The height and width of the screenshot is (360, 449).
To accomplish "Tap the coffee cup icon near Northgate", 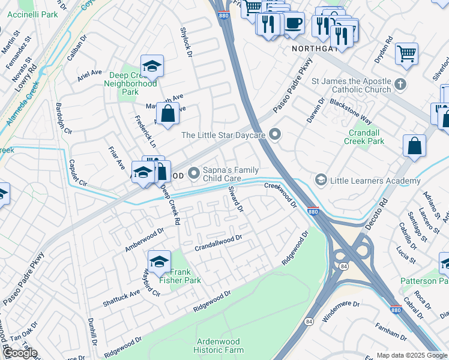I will [x=292, y=24].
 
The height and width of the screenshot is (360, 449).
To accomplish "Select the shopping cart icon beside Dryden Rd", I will [x=406, y=53].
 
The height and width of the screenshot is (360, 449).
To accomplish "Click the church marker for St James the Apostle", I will [x=400, y=83].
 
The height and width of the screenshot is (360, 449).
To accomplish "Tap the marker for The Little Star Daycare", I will [x=275, y=135].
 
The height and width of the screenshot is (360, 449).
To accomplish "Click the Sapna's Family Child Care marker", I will [x=194, y=174].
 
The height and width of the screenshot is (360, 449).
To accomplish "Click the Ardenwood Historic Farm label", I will [x=219, y=345].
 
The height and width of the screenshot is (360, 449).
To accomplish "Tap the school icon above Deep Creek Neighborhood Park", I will [x=152, y=66].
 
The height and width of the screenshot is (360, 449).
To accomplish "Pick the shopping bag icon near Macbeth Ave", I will [x=168, y=113].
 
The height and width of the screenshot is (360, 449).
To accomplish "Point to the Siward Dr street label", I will [x=236, y=199].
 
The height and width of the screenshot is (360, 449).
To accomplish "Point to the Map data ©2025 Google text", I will [x=412, y=355].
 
